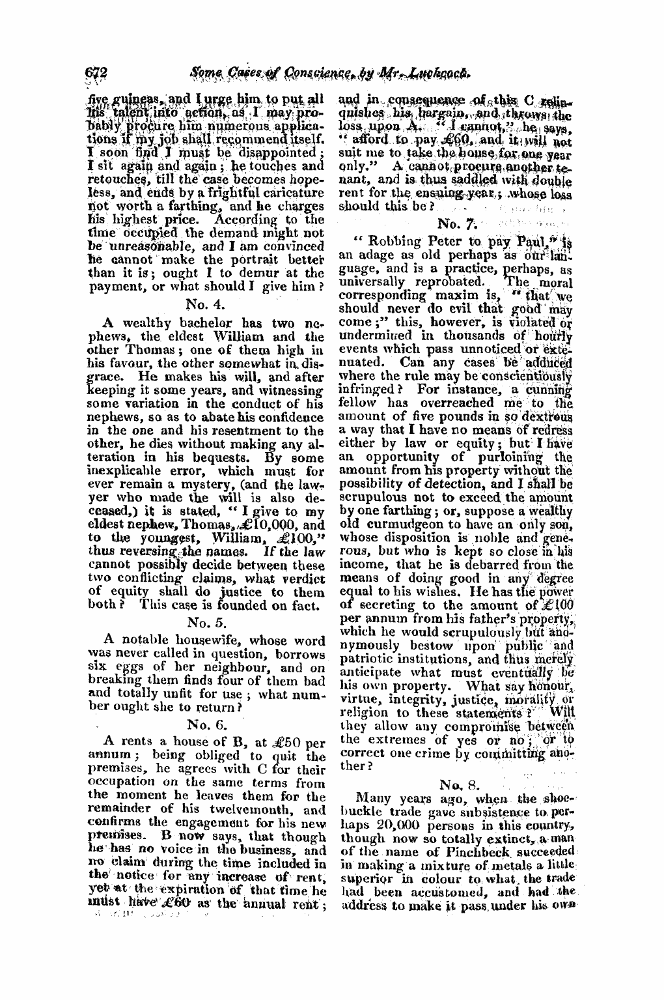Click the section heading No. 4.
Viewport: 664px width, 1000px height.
[x=205, y=302]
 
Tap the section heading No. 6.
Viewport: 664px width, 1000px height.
[x=205, y=722]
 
